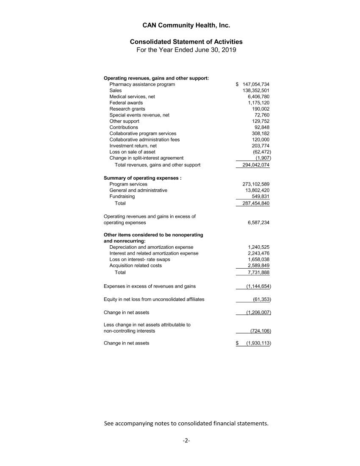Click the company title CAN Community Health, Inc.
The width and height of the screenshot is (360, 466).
point(186,25)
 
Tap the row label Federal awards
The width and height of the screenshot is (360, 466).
point(126,103)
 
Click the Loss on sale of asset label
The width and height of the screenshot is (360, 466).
point(132,152)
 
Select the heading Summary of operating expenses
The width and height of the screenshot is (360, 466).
point(142,178)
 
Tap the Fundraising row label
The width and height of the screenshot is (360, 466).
point(122,197)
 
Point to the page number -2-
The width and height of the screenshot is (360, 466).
point(186,441)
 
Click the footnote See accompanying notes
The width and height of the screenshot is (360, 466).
point(186,423)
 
